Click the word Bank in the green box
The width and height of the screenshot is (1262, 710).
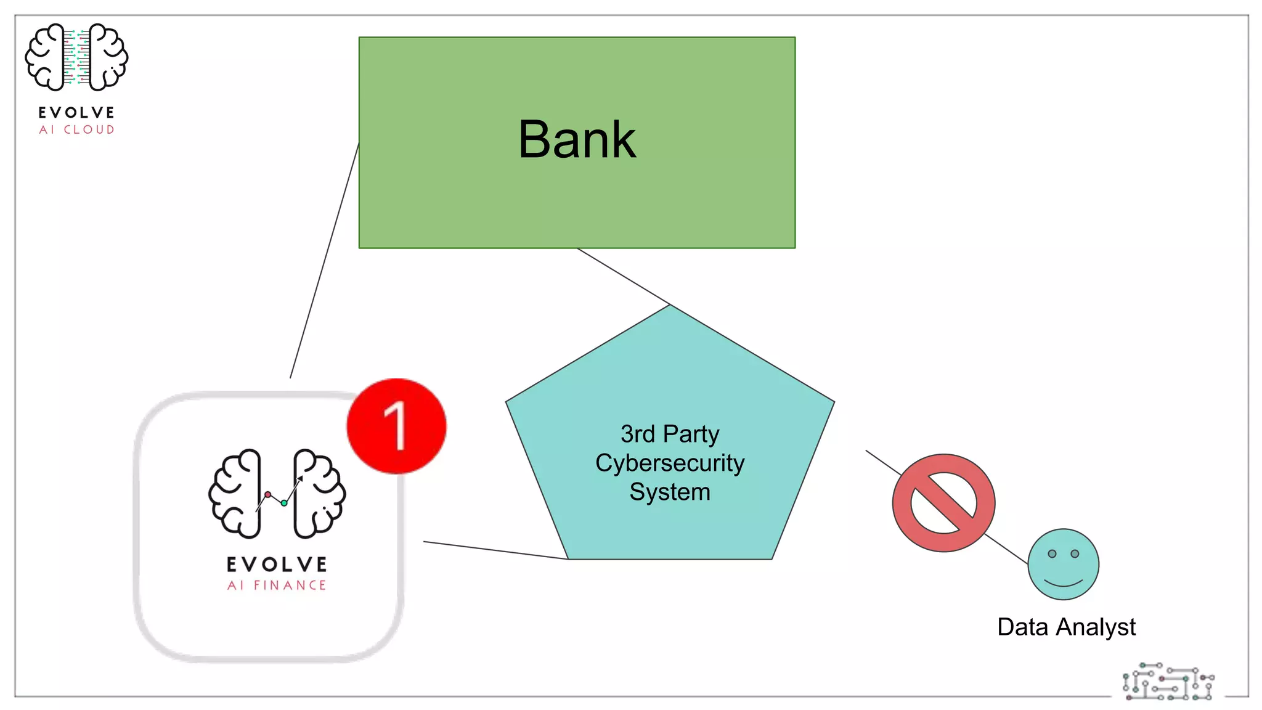pyautogui.click(x=577, y=140)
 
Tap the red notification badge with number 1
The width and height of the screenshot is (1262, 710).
pyautogui.click(x=396, y=426)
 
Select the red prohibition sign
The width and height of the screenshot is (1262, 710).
pyautogui.click(x=943, y=503)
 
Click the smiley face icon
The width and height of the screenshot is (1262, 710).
pyautogui.click(x=1063, y=564)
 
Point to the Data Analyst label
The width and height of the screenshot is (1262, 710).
pyautogui.click(x=1066, y=627)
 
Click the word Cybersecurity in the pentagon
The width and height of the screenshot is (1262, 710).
pyautogui.click(x=670, y=463)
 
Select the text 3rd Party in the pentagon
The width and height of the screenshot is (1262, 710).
pyautogui.click(x=670, y=434)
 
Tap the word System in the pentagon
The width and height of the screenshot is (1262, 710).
pyautogui.click(x=670, y=492)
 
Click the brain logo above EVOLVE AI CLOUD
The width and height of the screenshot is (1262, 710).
pyautogui.click(x=76, y=57)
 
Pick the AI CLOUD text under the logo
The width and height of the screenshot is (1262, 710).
pyautogui.click(x=77, y=129)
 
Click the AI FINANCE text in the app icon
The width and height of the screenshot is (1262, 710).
pyautogui.click(x=277, y=585)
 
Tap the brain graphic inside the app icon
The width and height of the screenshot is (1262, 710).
pyautogui.click(x=277, y=494)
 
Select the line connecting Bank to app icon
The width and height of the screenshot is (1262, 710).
pyautogui.click(x=325, y=259)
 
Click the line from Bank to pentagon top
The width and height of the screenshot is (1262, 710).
pyautogui.click(x=622, y=276)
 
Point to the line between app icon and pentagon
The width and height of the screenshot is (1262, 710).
pyautogui.click(x=495, y=550)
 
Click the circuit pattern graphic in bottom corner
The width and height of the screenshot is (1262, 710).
pyautogui.click(x=1168, y=682)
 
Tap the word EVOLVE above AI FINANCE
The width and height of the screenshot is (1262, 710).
pyautogui.click(x=277, y=564)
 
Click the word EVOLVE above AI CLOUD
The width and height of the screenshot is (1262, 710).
pyautogui.click(x=77, y=112)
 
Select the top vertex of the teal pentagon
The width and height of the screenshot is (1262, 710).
pyautogui.click(x=670, y=306)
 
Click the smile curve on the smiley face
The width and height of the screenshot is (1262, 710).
pyautogui.click(x=1063, y=582)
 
